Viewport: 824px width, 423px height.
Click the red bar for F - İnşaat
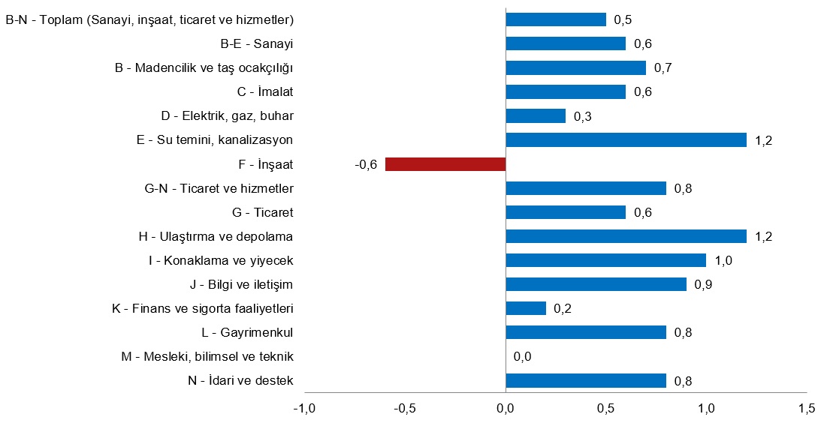445,164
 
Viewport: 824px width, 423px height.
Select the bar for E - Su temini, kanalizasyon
626,140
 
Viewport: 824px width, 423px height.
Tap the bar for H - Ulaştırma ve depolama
626,236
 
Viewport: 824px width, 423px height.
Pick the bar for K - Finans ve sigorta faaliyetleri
526,308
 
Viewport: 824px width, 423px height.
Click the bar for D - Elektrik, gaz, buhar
536,116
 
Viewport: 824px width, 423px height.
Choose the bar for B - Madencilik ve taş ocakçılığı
575,68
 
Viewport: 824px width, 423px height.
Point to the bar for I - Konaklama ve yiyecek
605,260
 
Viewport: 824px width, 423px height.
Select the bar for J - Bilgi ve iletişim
596,284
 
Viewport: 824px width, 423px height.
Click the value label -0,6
366,165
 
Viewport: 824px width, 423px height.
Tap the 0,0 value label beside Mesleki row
523,357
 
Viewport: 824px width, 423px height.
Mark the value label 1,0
723,261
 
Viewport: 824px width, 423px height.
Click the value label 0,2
563,309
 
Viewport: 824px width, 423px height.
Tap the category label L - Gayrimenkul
247,332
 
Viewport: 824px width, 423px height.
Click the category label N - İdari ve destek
240,381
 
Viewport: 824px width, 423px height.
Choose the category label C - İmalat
260,92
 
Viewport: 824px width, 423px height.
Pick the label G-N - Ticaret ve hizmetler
219,188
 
